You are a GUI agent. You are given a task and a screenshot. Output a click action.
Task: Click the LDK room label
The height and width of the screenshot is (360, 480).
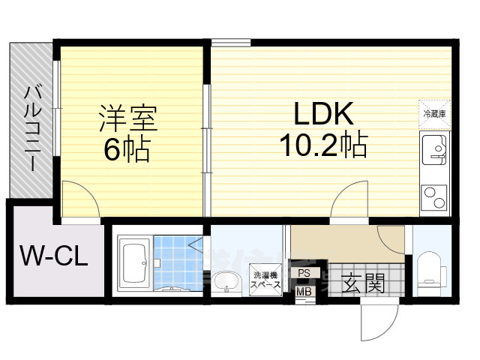(323, 113)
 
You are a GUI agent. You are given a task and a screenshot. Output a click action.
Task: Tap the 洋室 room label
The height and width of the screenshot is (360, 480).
(128, 118)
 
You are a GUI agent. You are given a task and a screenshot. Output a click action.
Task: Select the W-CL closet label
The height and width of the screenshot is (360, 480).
(54, 256)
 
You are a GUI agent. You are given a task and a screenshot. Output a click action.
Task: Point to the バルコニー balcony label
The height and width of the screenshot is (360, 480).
(32, 128)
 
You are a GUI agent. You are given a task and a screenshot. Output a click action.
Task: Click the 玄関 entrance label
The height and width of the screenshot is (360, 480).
(363, 283)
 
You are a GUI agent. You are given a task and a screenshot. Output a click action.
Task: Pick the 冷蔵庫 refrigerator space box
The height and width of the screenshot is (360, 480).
(434, 114)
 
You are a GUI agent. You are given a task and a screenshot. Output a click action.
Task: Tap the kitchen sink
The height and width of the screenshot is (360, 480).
(434, 150)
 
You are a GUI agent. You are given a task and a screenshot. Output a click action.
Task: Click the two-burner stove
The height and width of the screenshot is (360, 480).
(434, 197)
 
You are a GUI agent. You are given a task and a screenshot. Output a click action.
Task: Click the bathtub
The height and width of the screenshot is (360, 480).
(136, 262)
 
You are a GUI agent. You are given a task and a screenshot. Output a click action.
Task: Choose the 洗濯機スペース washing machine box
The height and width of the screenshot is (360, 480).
(265, 280)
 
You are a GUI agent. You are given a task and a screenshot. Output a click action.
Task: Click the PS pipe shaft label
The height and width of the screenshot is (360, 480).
(304, 273)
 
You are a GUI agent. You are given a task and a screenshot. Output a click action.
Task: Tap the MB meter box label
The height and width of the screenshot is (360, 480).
(304, 292)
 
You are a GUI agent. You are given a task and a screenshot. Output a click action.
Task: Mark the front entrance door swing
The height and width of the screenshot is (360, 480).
(379, 319)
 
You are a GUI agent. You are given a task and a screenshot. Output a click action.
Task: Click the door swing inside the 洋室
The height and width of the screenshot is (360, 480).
(80, 199)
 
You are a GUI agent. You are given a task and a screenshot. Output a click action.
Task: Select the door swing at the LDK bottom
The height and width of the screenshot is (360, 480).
(349, 199)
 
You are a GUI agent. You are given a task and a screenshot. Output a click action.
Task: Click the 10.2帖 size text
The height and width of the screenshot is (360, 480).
(323, 144)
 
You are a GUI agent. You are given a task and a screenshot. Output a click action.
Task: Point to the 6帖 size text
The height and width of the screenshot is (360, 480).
(127, 149)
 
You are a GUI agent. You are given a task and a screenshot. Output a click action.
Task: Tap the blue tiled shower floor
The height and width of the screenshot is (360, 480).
(178, 263)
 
